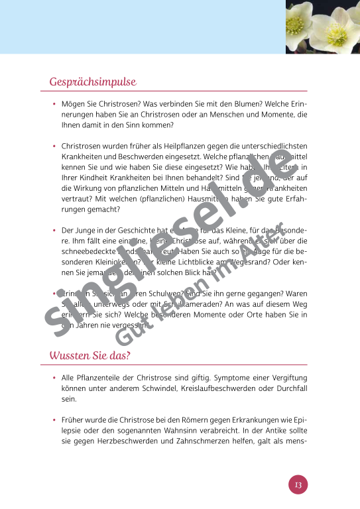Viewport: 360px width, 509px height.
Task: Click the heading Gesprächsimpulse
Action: pyautogui.click(x=92, y=82)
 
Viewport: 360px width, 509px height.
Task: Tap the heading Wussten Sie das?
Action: pyautogui.click(x=90, y=356)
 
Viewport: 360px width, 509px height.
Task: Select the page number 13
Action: pyautogui.click(x=298, y=485)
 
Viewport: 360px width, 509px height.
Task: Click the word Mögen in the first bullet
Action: pyautogui.click(x=74, y=105)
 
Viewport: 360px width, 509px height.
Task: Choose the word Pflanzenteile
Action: pyautogui.click(x=101, y=376)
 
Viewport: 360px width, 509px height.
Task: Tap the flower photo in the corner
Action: pyautogui.click(x=322, y=27)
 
